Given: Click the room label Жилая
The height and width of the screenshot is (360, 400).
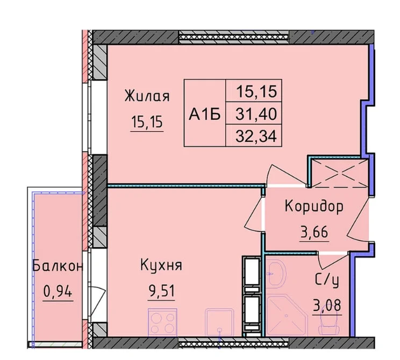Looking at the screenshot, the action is point(147,96).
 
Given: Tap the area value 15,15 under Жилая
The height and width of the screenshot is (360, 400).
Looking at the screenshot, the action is point(147,121).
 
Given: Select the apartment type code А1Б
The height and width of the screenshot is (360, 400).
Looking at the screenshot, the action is point(205,114).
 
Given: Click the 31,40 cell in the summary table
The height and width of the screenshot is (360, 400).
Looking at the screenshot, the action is point(256,114).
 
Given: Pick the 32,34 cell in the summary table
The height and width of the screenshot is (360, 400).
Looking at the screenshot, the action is point(256,136).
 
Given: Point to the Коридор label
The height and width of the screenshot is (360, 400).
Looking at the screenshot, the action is point(314,206).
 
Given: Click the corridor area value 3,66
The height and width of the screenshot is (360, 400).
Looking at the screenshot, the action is point(315,232).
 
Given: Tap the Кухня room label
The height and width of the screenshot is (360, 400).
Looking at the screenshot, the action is point(161,265).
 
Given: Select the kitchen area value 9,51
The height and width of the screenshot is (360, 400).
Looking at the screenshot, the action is point(161,291).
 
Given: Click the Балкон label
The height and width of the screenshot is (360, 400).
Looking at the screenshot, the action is point(58,266).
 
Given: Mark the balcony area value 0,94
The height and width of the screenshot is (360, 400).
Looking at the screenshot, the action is point(58,291).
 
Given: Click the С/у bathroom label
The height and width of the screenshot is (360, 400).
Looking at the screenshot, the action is point(327,280).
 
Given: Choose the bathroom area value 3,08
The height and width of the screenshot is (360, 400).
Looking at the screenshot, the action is point(327,305).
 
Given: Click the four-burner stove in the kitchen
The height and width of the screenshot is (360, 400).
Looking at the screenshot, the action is point(162,322).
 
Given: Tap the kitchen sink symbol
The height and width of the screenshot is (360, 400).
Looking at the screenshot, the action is point(219,322).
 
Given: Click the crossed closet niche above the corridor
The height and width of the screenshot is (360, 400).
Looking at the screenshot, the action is point(340,173).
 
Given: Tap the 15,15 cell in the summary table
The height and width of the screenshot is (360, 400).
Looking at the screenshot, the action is point(256,91).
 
